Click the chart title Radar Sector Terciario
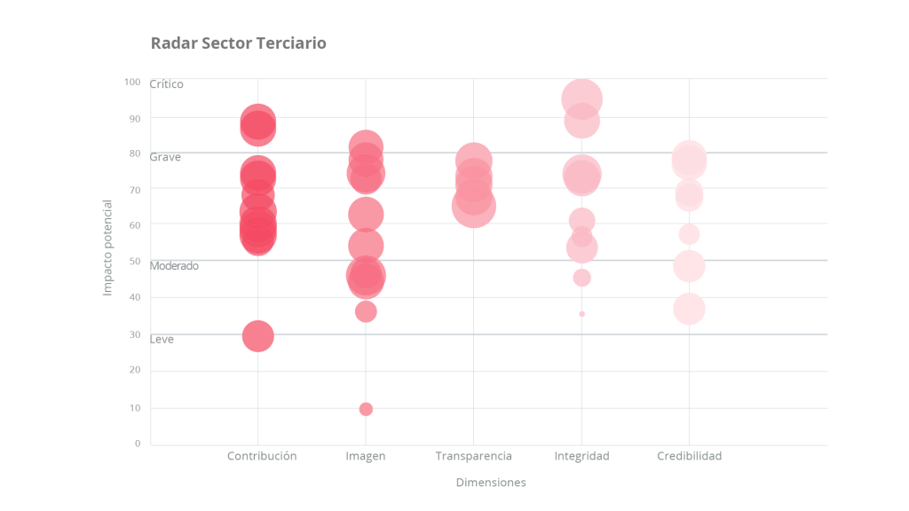238,43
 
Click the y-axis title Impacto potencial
107,248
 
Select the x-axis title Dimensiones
491,483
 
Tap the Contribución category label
262,456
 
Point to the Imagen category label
366,456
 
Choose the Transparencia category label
473,456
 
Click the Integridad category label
581,456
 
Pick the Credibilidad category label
689,456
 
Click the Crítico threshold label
166,84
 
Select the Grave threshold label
165,157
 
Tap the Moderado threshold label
174,265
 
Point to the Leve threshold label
162,339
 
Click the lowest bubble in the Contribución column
257,336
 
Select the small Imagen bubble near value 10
366,409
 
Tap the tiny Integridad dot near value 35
581,314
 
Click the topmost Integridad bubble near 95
581,98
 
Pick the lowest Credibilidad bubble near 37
689,309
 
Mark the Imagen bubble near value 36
366,311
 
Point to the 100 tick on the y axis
132,82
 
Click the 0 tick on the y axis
137,444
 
